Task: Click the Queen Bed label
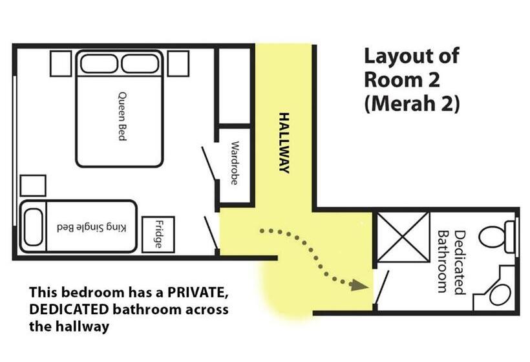[122, 116]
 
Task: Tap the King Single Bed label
[92, 228]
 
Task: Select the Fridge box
[158, 234]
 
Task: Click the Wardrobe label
[234, 163]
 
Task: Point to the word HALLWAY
[284, 143]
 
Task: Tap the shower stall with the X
[403, 237]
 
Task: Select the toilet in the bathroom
[498, 237]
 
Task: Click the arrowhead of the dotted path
[359, 286]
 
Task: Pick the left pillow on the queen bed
[99, 63]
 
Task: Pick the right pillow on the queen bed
[140, 63]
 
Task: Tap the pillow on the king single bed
[34, 227]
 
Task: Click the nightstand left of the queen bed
[61, 63]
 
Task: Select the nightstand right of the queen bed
[178, 63]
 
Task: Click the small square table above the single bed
[33, 186]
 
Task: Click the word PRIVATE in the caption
[196, 292]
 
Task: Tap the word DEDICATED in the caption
[69, 309]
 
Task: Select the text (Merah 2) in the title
[412, 103]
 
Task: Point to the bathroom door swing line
[381, 288]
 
